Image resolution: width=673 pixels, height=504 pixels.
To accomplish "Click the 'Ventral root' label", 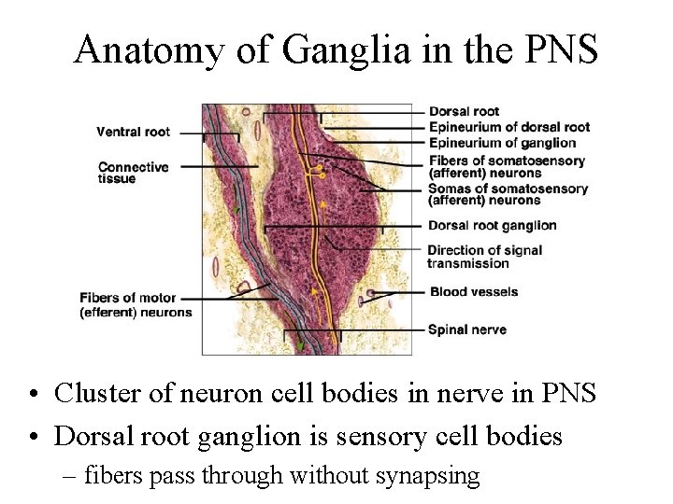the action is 133,132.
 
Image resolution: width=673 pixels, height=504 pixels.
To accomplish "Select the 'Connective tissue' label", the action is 133,173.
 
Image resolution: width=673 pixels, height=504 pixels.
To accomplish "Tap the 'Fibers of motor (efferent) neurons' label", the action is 135,305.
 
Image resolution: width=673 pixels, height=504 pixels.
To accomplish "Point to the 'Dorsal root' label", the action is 463,112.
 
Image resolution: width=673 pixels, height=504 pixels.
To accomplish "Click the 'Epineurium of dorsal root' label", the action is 508,127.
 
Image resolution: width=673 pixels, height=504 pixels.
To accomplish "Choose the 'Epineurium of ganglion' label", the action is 501,142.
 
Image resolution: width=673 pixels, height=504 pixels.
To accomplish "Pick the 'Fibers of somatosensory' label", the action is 506,161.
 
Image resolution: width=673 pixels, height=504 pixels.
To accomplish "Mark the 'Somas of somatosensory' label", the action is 508,189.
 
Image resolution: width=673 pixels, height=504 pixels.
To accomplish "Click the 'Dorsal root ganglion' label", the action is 492,225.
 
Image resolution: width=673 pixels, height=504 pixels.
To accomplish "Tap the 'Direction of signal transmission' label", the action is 484,256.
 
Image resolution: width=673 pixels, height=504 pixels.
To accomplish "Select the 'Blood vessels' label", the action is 473,292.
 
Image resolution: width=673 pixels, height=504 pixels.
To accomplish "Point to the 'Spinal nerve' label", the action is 466,329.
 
